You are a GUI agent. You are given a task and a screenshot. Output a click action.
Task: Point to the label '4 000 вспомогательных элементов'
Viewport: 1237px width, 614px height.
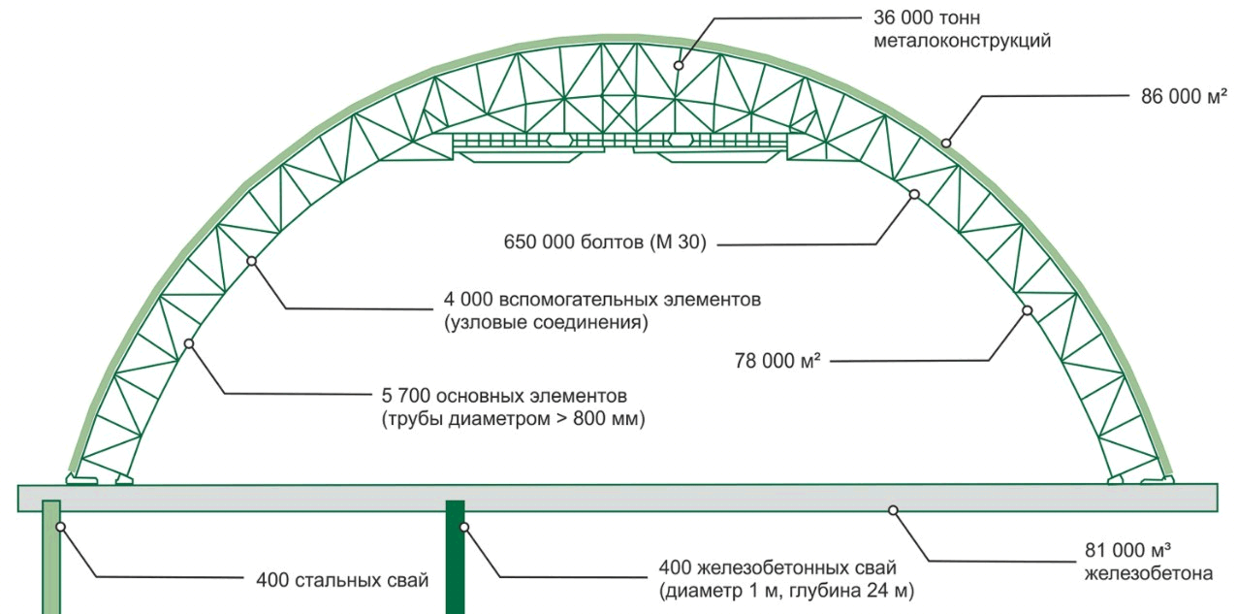(602, 300)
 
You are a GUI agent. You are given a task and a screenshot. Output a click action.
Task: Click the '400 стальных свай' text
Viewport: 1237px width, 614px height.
(341, 581)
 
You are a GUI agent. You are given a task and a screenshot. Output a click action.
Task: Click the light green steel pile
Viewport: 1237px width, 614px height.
(51, 558)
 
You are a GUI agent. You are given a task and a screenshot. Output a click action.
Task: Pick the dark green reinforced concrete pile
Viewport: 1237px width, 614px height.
(455, 558)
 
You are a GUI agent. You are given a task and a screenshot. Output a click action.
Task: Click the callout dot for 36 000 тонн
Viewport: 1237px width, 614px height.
(679, 65)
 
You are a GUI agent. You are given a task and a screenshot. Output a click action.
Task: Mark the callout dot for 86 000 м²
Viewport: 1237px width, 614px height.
(946, 143)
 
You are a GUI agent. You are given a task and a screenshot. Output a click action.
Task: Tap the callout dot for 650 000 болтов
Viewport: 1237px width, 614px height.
(913, 194)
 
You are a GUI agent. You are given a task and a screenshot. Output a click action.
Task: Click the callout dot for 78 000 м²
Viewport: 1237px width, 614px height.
(1027, 310)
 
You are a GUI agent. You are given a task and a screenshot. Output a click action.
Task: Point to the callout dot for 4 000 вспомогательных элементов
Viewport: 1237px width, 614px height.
(252, 260)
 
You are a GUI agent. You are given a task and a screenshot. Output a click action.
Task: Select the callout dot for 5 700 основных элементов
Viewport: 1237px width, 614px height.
(189, 343)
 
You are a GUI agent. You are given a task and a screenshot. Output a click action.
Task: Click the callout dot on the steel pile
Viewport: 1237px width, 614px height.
(60, 527)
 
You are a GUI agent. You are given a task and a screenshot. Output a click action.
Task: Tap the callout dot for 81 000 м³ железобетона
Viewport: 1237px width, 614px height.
(893, 508)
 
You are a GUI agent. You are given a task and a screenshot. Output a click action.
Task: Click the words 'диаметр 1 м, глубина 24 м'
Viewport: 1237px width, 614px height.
(786, 590)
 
